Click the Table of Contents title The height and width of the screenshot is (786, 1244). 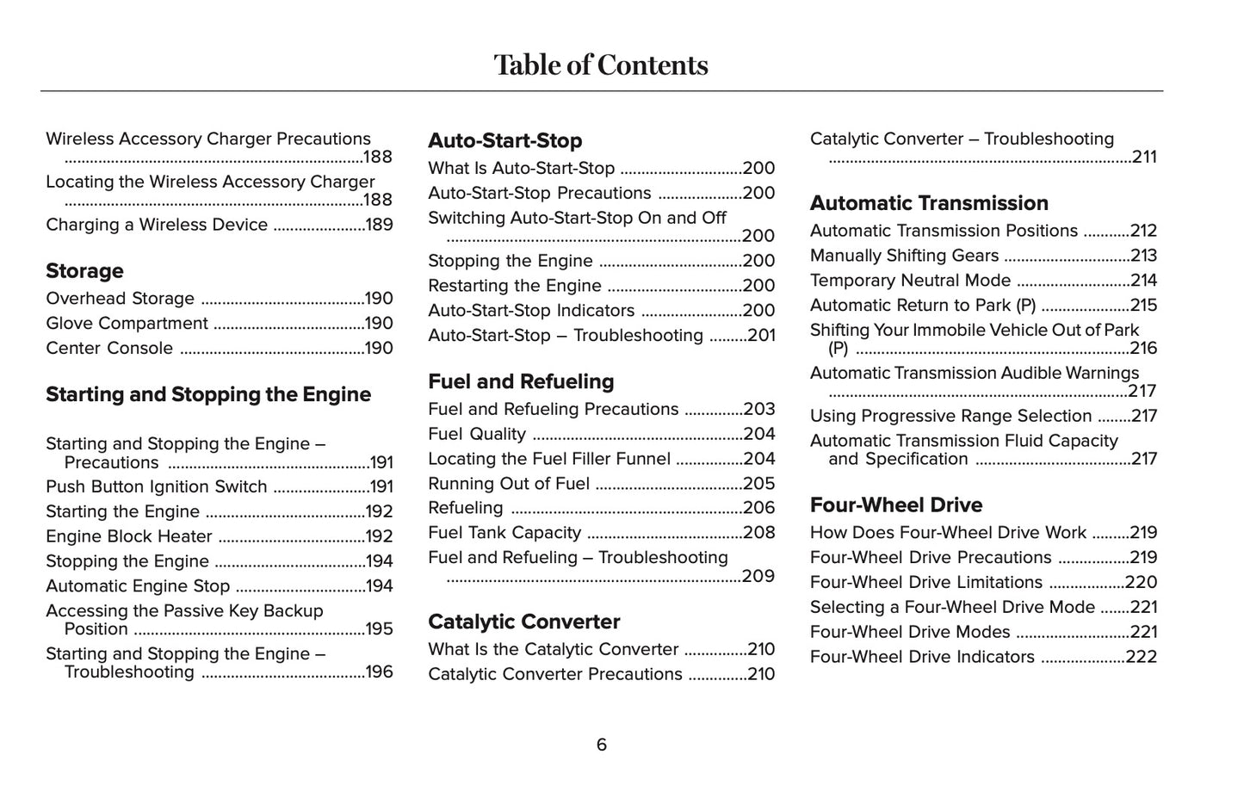601,65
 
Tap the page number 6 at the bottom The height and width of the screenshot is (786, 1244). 601,745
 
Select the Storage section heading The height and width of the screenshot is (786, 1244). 84,271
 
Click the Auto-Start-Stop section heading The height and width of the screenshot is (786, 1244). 504,140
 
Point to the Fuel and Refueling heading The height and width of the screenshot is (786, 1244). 521,381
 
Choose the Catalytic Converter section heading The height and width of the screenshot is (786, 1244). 523,622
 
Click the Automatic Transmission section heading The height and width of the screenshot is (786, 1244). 929,203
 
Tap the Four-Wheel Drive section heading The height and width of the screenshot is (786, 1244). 895,504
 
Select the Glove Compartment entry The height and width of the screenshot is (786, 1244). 127,324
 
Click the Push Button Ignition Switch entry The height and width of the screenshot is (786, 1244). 157,487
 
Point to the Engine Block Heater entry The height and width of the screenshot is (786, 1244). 129,537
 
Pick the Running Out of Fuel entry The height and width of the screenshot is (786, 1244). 509,484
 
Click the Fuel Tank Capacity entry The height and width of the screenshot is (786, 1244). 504,533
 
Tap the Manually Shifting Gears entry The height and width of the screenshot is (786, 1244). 904,256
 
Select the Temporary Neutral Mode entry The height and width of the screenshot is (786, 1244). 910,281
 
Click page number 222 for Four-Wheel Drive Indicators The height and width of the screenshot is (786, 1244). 1142,657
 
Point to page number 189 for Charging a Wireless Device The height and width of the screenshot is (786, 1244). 379,225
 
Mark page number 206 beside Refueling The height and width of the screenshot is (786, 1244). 758,508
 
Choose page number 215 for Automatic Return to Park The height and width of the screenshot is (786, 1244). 1143,306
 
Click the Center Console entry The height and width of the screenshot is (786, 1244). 109,349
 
